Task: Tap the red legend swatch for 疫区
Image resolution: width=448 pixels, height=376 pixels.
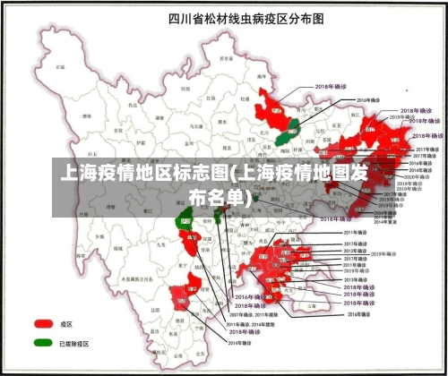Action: (43, 323)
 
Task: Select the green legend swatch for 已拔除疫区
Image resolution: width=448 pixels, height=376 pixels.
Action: (43, 342)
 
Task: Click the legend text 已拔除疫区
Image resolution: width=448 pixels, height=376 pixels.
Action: (73, 343)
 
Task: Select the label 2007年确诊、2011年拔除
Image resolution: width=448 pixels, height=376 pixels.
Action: (254, 315)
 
